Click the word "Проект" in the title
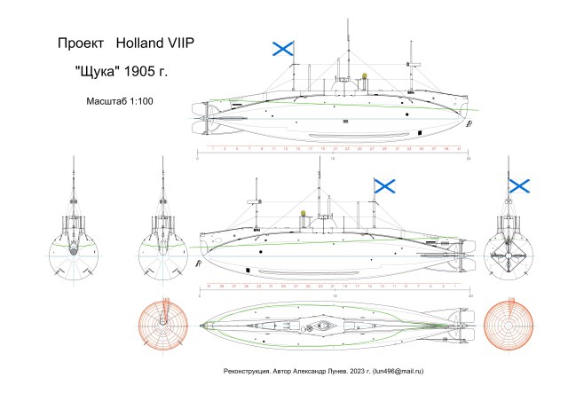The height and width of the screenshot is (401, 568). (78, 43)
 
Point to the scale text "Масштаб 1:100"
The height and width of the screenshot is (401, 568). (120, 101)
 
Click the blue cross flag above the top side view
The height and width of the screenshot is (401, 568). (282, 50)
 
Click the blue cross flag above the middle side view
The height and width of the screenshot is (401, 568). (384, 185)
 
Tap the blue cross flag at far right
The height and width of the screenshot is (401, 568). (518, 185)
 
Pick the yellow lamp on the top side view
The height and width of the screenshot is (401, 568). (365, 75)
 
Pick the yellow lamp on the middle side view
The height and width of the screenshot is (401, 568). (304, 213)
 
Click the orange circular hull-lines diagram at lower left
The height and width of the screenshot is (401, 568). (162, 324)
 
